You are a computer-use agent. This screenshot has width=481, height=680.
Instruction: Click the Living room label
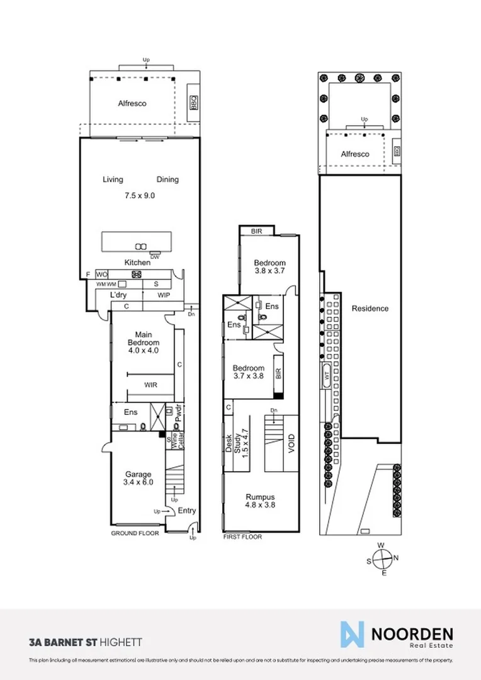113,179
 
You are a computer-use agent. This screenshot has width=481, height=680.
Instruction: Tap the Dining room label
167,179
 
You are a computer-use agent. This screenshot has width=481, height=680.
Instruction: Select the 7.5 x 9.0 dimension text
140,195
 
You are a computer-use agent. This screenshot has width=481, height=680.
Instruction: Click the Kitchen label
137,262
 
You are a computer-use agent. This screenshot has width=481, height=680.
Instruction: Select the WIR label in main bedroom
150,385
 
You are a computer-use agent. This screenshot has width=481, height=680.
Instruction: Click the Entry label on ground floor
186,511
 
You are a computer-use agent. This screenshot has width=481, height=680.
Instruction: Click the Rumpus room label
260,500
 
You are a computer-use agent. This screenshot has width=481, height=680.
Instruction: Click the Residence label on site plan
370,309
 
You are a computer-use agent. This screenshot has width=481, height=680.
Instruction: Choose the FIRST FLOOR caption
242,537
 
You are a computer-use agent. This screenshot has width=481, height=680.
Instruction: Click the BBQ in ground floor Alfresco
194,103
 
